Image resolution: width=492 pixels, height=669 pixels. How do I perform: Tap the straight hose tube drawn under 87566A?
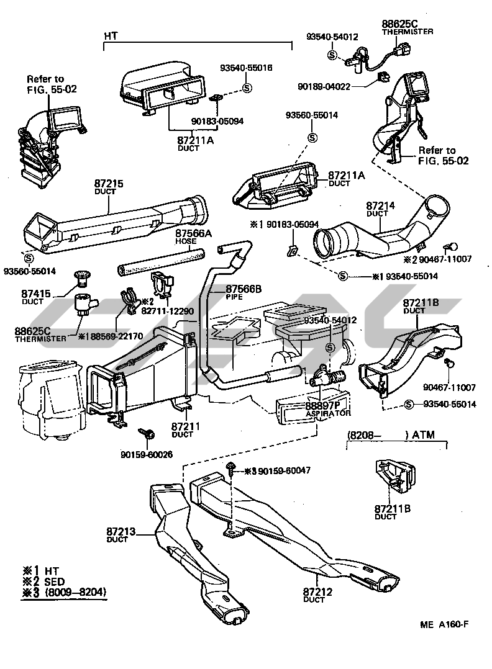[160, 262]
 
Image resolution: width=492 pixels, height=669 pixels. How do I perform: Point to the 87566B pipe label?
[243, 289]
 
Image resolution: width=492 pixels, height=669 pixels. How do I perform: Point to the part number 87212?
[317, 592]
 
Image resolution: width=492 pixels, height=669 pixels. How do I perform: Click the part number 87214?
[377, 205]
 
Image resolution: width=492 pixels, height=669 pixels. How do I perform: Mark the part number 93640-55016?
[247, 67]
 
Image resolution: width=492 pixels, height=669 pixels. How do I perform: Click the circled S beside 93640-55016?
[247, 88]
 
